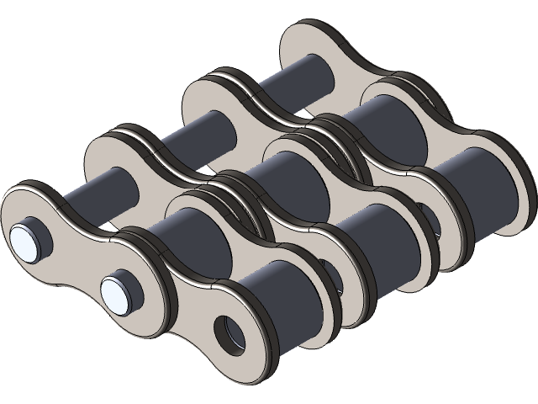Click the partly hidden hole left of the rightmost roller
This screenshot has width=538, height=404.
tap(429, 219)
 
